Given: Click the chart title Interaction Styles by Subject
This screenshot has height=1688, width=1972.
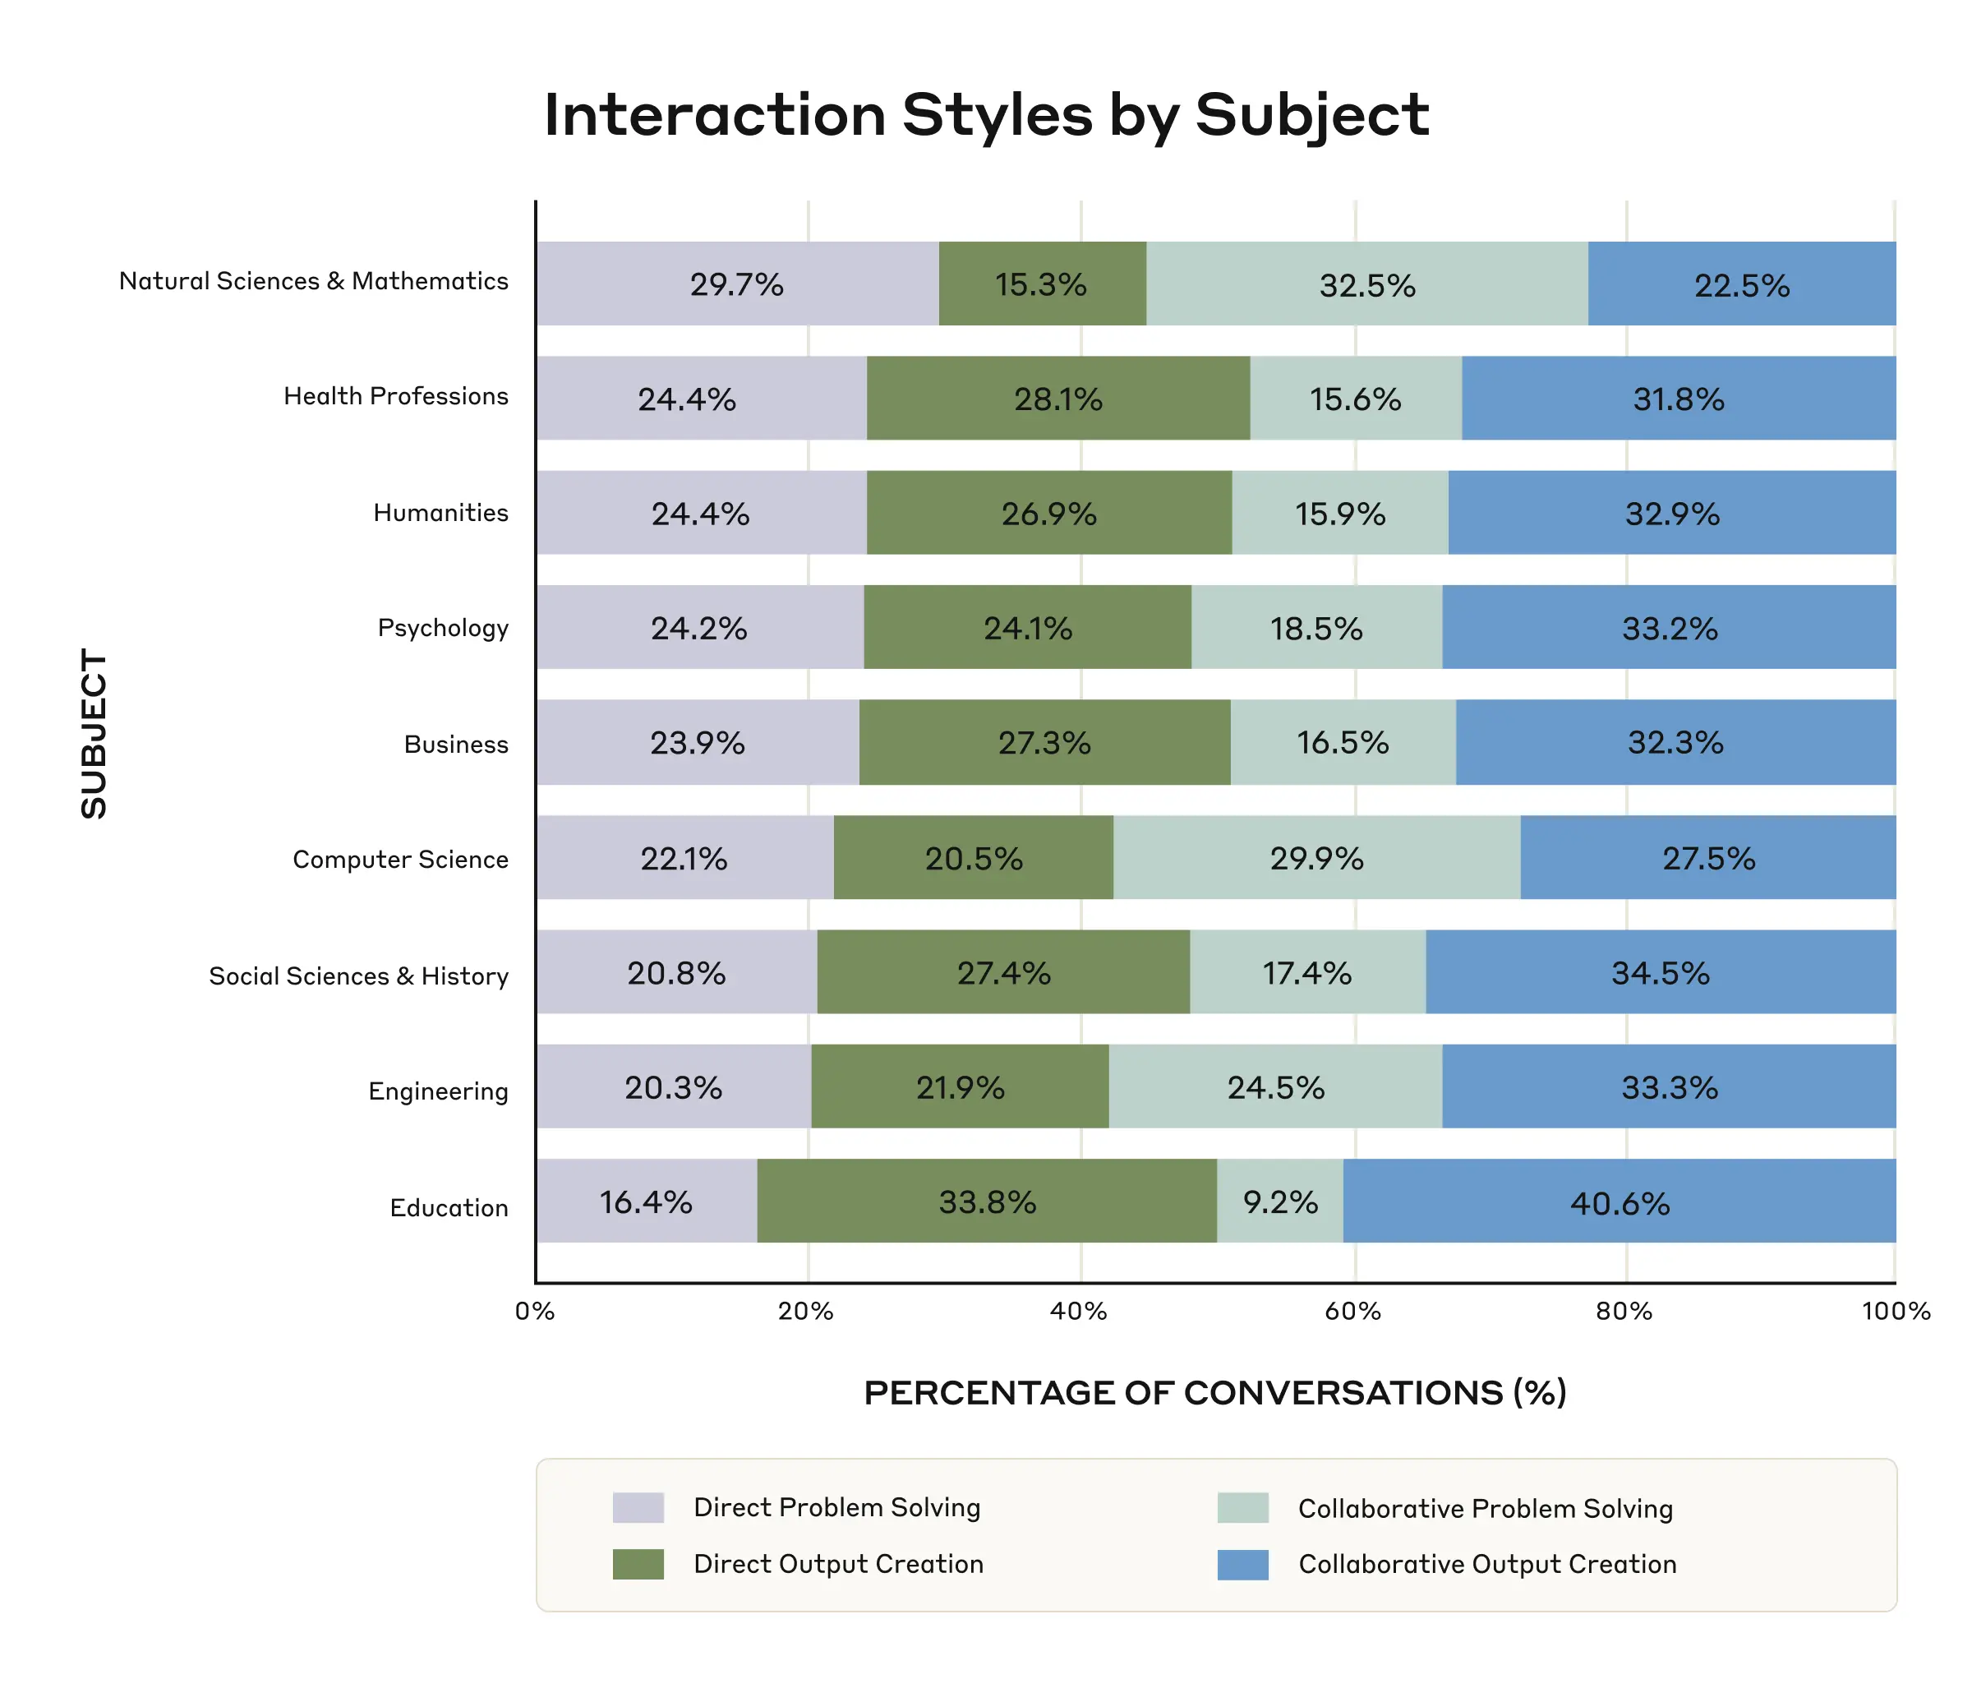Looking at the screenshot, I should [x=986, y=116].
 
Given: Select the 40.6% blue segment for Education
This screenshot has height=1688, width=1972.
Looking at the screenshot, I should [x=1619, y=1201].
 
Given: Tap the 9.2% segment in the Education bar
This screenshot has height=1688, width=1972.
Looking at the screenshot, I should [x=1279, y=1201].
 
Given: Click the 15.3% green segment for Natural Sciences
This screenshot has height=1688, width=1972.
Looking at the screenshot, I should [x=1041, y=284].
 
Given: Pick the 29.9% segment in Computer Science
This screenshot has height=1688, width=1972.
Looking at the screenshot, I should [x=1316, y=858].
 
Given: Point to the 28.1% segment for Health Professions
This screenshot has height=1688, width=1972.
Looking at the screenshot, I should [x=1057, y=399].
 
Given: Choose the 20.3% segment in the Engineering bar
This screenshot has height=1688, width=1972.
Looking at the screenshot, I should [x=673, y=1087].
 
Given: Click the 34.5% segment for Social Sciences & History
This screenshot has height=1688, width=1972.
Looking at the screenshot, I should [x=1660, y=972].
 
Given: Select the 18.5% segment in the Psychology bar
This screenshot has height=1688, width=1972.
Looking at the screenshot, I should [x=1315, y=627].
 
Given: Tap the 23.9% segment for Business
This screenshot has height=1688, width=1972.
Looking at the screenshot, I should [x=697, y=743].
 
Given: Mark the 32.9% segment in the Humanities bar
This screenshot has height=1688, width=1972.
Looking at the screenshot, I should [x=1671, y=513].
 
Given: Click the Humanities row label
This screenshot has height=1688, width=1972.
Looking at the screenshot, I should [x=440, y=513].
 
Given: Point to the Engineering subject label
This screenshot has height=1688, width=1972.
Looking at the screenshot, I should [x=438, y=1091].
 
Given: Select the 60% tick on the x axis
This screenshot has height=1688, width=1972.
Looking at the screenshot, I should [x=1352, y=1312].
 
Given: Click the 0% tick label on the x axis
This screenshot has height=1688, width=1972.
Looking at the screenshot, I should [x=535, y=1312].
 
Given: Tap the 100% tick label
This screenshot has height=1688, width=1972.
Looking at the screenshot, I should [x=1895, y=1312].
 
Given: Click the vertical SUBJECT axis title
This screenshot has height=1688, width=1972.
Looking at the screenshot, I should [x=94, y=733].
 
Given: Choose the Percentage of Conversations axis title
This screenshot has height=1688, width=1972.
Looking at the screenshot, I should [x=1214, y=1393].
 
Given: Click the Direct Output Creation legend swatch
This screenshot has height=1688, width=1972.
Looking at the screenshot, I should [x=638, y=1564].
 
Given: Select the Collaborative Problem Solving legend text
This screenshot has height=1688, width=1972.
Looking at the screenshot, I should [x=1485, y=1509].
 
